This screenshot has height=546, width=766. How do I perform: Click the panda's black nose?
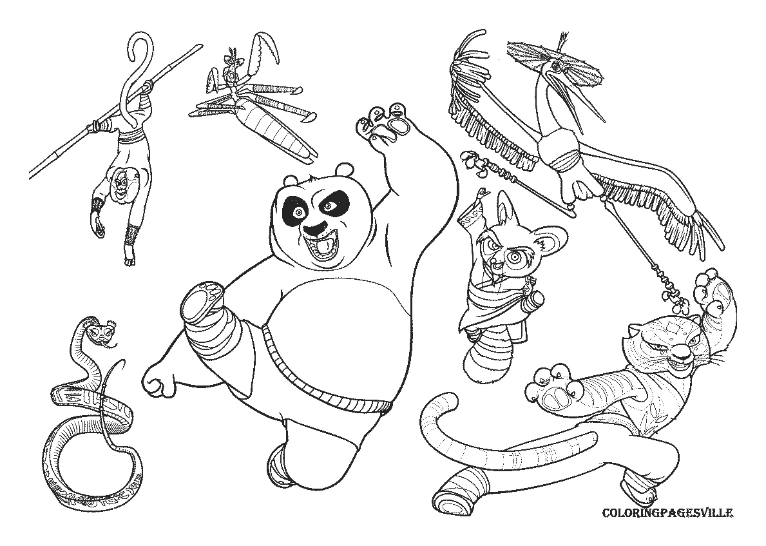coord(314,228)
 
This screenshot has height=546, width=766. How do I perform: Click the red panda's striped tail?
coord(486,357)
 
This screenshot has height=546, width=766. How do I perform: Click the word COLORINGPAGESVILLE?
coord(667,514)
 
